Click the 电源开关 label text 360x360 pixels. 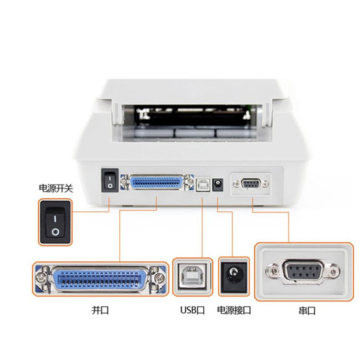(56, 188)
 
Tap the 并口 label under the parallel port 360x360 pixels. (100, 310)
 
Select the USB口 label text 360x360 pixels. (192, 310)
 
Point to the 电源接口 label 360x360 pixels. (234, 310)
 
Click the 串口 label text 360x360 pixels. (307, 311)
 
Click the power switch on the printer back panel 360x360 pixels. (110, 180)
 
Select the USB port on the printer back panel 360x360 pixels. (203, 185)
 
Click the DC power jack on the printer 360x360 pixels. (217, 185)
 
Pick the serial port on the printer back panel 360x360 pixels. (251, 184)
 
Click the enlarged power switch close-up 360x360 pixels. (55, 222)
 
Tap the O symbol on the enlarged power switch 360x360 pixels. (56, 232)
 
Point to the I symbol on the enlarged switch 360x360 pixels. (55, 219)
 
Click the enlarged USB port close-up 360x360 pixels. (193, 277)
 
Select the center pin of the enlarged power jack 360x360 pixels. (233, 273)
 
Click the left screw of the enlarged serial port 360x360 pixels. (273, 271)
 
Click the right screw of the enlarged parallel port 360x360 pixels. (159, 278)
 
